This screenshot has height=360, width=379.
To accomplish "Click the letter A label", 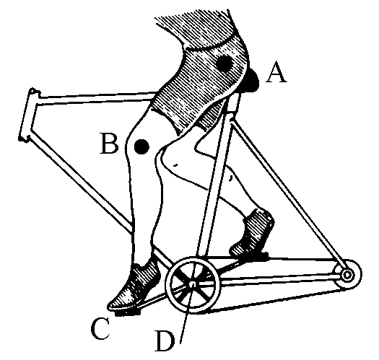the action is tap(276, 72).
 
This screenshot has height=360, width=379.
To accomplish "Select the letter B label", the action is tap(109, 144).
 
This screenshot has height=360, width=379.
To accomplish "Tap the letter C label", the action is tap(100, 329).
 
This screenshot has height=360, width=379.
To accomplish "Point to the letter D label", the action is tap(165, 341).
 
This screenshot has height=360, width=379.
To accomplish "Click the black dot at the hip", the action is tap(225, 63).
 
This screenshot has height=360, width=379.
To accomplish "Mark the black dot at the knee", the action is tap(141, 146).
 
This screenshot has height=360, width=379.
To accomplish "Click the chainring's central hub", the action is tap(193, 284).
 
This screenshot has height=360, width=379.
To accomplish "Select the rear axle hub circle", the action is tap(347, 275).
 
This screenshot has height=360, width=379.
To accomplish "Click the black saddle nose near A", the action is tap(252, 81).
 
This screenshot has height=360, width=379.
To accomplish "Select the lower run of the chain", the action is tap(276, 300).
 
